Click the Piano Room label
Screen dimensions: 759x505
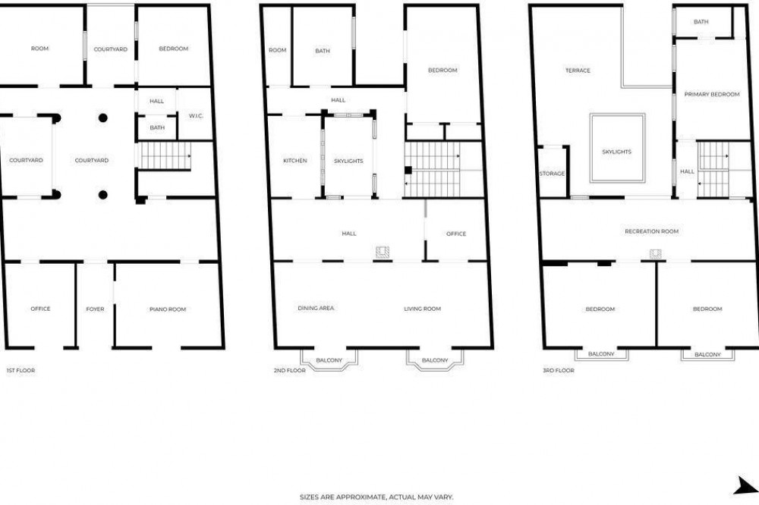click(x=168, y=309)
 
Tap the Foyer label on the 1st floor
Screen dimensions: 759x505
click(x=95, y=309)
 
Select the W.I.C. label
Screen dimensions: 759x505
click(x=196, y=116)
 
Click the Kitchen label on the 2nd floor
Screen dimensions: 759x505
click(x=294, y=161)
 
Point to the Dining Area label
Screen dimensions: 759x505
click(x=316, y=308)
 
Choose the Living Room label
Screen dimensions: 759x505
click(x=422, y=309)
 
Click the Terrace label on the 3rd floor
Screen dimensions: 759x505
click(x=578, y=71)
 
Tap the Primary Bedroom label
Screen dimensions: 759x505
click(x=712, y=94)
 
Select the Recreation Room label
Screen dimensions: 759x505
click(x=651, y=231)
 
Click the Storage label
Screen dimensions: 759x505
click(x=552, y=174)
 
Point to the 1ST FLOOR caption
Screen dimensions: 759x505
click(x=20, y=371)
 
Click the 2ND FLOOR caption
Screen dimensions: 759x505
click(x=289, y=371)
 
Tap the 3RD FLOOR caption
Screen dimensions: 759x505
click(x=558, y=371)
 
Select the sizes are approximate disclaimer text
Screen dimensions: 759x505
click(x=376, y=497)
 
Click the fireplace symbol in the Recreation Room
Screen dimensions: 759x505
click(x=656, y=254)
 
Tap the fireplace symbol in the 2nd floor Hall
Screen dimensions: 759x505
click(x=383, y=252)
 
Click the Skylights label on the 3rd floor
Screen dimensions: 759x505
click(x=616, y=152)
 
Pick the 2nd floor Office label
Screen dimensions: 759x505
click(x=456, y=234)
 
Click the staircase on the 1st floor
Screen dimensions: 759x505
click(x=165, y=155)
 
